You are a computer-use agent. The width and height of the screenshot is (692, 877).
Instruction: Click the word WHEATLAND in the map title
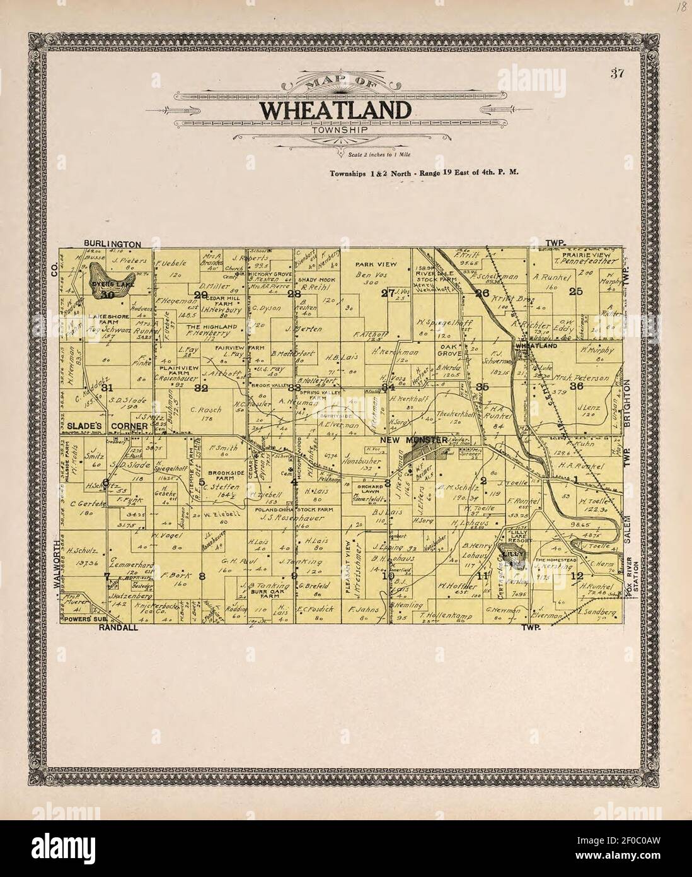(335, 109)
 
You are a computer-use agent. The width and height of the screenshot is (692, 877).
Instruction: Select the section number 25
(575, 291)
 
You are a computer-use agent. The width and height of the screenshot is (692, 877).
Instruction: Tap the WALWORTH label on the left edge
(55, 563)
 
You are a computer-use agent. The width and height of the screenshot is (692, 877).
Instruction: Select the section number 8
(202, 575)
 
